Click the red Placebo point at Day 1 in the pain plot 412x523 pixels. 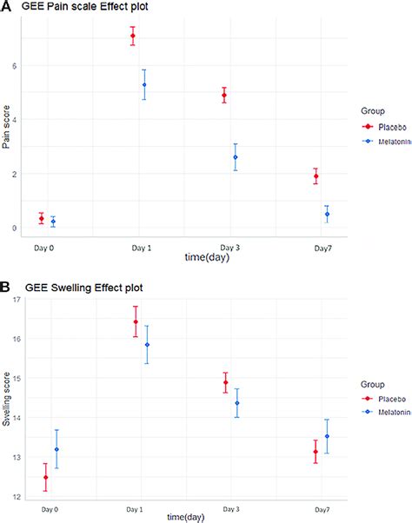pyautogui.click(x=133, y=36)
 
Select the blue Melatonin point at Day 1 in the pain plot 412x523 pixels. pyautogui.click(x=144, y=84)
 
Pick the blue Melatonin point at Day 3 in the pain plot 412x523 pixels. pyautogui.click(x=235, y=157)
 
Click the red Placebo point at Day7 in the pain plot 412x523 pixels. pyautogui.click(x=316, y=176)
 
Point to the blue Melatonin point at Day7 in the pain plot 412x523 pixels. pyautogui.click(x=327, y=214)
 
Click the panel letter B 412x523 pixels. pyautogui.click(x=6, y=288)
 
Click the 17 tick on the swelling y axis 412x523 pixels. pyautogui.click(x=18, y=300)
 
